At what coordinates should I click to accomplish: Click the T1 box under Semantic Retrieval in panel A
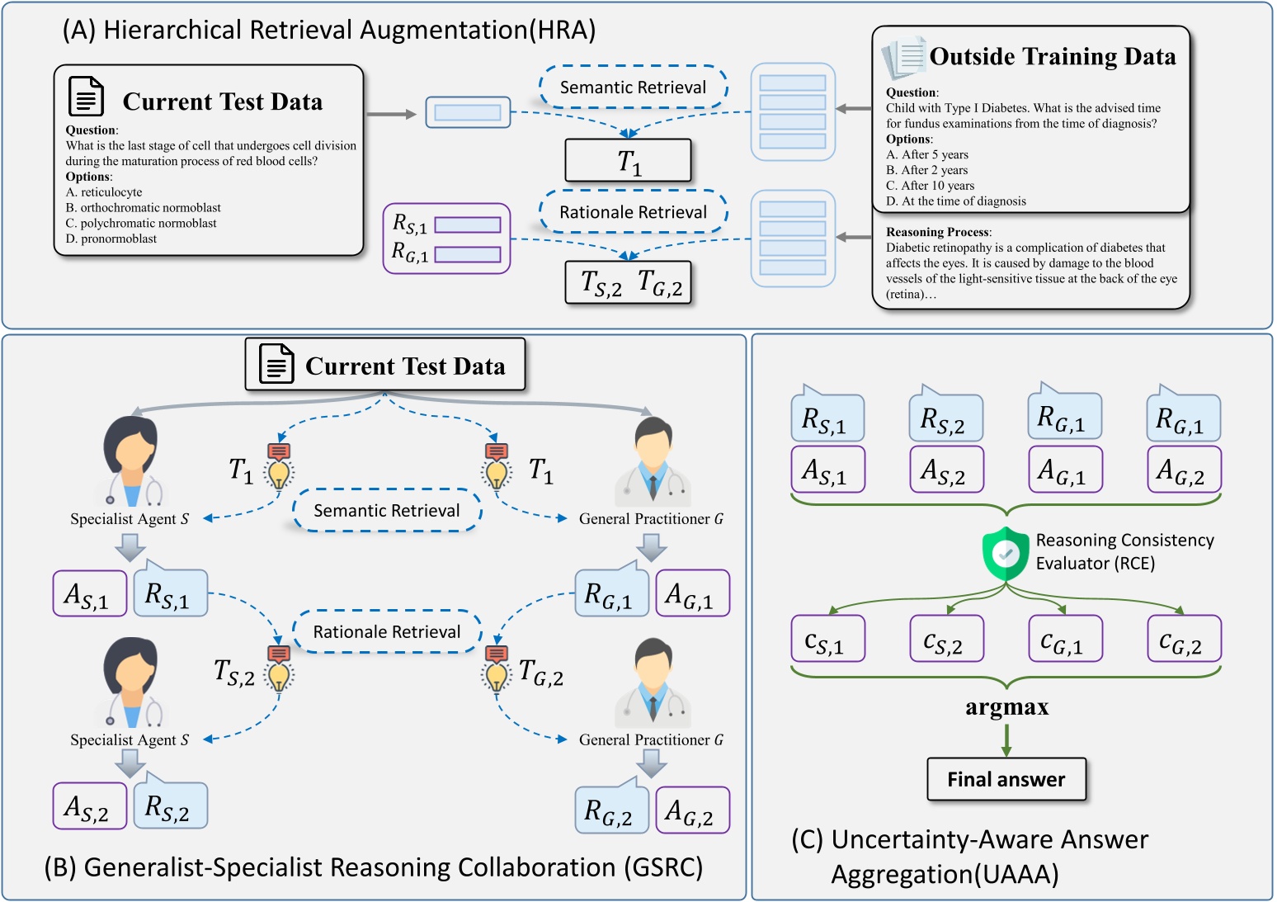click(628, 160)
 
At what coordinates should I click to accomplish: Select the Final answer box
click(1006, 779)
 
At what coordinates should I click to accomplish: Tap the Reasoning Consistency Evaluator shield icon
click(1005, 554)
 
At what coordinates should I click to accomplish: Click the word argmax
click(1006, 707)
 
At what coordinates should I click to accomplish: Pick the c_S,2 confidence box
click(946, 639)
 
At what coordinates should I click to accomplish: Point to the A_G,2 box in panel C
click(1183, 470)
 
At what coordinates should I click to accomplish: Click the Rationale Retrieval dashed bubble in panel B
click(387, 632)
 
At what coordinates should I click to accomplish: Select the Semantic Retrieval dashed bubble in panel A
click(633, 87)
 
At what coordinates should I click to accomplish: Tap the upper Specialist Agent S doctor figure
click(131, 461)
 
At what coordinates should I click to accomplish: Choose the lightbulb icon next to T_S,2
click(279, 670)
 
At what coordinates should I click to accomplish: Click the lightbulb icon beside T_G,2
click(496, 670)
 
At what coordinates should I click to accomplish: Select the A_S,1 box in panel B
click(89, 593)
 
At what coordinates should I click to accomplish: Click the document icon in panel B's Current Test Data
click(276, 363)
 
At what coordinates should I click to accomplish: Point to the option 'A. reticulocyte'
click(104, 192)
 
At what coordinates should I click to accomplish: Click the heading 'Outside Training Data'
click(1052, 57)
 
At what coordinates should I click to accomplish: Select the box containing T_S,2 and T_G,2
click(628, 283)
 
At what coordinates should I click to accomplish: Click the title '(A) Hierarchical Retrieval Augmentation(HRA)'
click(328, 30)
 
